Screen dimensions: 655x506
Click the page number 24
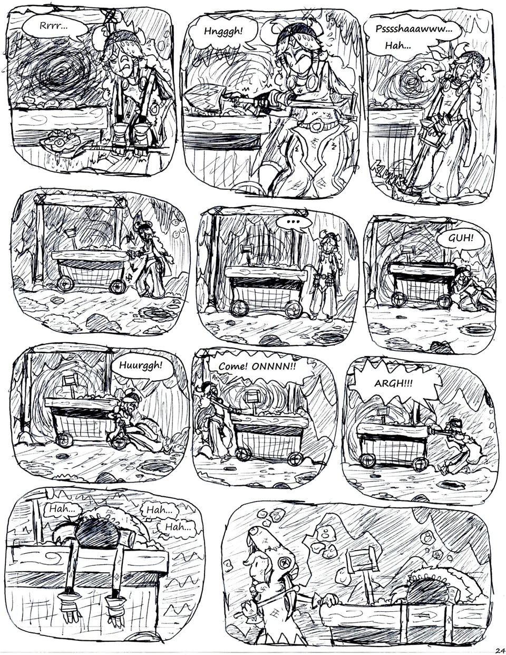(498, 649)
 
